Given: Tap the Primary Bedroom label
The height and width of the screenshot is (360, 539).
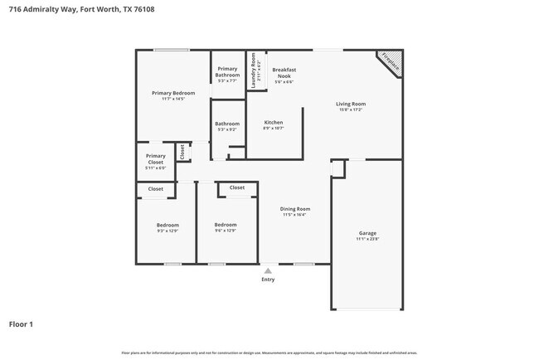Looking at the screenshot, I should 173,94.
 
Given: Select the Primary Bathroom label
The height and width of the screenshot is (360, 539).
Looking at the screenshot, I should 227,72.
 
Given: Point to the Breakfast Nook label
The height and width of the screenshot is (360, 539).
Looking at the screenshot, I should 284,73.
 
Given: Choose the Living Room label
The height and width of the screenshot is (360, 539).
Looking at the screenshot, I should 350,104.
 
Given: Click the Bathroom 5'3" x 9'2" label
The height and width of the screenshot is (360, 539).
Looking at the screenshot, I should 227,124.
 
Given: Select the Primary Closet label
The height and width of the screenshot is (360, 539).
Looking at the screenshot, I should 156,158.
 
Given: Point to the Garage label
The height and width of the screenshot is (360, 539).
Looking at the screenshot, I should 367,233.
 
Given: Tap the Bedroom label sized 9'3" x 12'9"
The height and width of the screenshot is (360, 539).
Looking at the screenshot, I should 168,225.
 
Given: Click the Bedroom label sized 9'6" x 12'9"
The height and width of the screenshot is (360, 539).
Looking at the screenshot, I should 226,225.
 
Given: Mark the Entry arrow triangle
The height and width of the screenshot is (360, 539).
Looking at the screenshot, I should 267,270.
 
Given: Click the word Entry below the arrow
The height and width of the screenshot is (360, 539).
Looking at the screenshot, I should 267,280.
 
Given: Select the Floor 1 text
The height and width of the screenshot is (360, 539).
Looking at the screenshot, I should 22,324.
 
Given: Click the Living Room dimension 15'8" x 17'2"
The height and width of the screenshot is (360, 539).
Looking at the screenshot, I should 350,109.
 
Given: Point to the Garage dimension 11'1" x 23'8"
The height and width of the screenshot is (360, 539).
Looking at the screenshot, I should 367,239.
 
